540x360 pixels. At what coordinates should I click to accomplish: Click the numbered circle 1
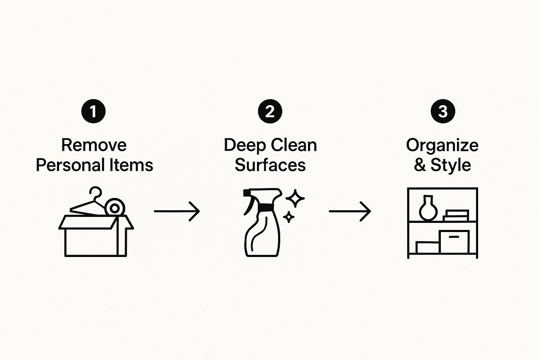click(x=94, y=111)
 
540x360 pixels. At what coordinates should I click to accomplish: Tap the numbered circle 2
click(x=270, y=111)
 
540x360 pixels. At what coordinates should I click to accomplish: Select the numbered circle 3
click(x=443, y=111)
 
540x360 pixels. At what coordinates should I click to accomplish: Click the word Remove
click(x=94, y=145)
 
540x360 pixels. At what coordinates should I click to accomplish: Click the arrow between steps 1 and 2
click(x=177, y=211)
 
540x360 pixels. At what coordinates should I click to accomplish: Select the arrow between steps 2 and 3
click(x=350, y=211)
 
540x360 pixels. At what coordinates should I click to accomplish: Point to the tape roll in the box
click(x=115, y=208)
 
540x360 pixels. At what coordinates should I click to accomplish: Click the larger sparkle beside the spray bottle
click(x=295, y=198)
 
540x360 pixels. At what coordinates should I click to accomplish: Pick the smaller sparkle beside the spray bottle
click(x=289, y=217)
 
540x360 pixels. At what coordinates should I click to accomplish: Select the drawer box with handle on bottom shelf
click(x=454, y=242)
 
